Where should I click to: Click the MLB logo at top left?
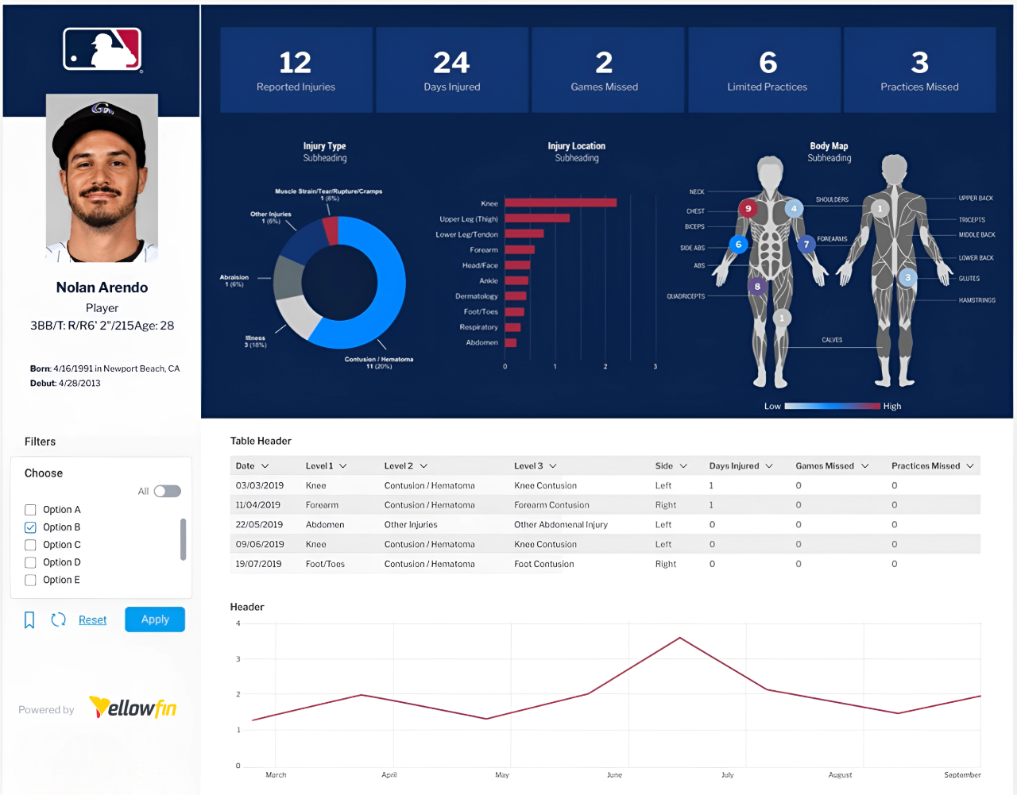click(x=102, y=49)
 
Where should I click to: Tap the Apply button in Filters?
click(x=155, y=619)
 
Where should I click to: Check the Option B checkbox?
click(x=30, y=527)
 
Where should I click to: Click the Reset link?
click(x=92, y=620)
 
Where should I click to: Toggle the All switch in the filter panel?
click(x=167, y=492)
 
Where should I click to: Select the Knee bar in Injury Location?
click(x=560, y=203)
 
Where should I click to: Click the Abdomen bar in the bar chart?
click(x=511, y=343)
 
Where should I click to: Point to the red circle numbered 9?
click(x=748, y=209)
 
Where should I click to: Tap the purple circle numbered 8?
click(x=757, y=287)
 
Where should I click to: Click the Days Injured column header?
click(x=734, y=466)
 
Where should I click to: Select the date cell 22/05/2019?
click(x=259, y=525)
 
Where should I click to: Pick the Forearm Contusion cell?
click(x=551, y=505)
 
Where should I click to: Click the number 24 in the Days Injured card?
click(x=451, y=63)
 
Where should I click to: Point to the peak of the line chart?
click(x=679, y=638)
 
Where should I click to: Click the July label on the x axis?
click(x=727, y=775)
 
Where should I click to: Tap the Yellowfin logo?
click(x=133, y=708)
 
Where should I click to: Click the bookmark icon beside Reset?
click(x=29, y=620)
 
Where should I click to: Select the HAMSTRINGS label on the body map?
click(x=976, y=300)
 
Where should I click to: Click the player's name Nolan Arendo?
click(x=102, y=288)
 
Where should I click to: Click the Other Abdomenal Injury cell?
click(x=560, y=525)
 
